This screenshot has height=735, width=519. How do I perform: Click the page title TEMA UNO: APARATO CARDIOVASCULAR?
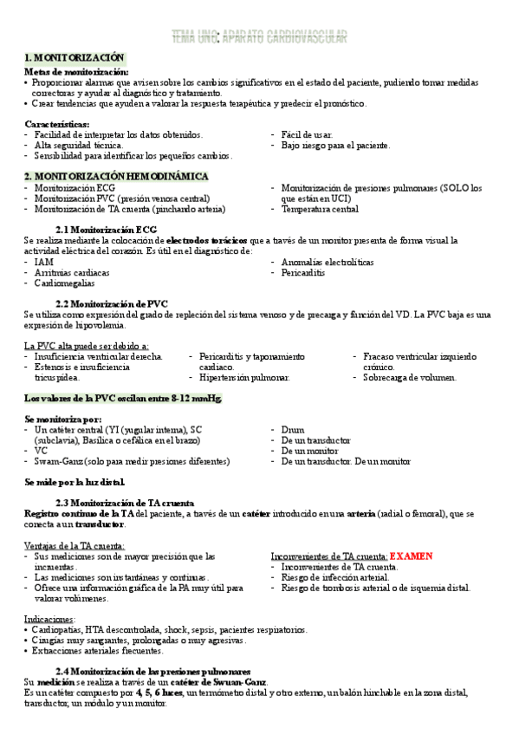tap(259, 36)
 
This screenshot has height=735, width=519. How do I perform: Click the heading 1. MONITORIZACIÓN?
tap(74, 57)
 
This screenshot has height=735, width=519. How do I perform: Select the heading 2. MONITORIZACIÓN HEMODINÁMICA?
tap(116, 176)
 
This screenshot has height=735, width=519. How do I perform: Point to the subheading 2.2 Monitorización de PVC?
tap(111, 303)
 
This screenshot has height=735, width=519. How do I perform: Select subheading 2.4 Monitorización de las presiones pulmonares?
tap(152, 672)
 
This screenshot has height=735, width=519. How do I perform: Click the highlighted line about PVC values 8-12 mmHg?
tap(123, 399)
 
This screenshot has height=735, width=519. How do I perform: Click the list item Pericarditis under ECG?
tap(302, 273)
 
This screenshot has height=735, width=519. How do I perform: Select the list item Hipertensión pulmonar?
tap(244, 378)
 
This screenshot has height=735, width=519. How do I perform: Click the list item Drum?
tap(293, 429)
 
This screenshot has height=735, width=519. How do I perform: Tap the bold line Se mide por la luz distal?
tap(75, 482)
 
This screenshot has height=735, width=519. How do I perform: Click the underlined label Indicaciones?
tap(50, 619)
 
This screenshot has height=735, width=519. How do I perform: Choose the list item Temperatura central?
tap(320, 209)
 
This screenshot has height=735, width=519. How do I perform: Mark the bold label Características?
tap(57, 124)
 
